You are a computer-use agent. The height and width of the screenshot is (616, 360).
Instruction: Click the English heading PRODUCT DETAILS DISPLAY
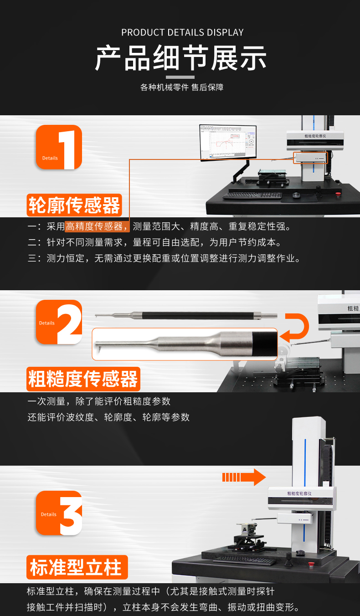point(182,32)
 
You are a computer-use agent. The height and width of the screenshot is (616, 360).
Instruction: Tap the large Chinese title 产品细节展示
point(180,58)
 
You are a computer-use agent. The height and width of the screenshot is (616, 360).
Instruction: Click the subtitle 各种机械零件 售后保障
point(182,87)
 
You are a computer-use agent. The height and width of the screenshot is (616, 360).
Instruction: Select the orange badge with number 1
point(59,147)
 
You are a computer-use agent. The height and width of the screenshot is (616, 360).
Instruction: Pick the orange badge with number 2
point(59,322)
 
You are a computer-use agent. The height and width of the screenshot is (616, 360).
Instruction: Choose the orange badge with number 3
point(59,513)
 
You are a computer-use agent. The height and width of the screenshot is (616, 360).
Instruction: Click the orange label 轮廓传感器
point(74,205)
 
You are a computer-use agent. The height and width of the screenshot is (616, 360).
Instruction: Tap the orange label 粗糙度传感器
point(83,379)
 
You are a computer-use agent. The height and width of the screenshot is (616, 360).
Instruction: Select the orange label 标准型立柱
point(77,567)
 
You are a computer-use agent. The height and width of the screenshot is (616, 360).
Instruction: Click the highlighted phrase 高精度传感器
point(94,226)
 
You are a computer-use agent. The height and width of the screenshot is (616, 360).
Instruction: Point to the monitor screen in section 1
point(228,142)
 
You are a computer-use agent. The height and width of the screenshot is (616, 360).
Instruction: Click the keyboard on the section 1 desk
point(252,195)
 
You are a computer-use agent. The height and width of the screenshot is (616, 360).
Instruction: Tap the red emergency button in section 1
point(338,194)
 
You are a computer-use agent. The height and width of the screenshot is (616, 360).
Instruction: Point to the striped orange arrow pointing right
point(244,477)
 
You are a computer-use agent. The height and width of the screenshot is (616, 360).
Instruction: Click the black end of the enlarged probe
point(264,344)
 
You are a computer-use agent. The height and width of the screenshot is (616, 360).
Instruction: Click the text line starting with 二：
point(154,242)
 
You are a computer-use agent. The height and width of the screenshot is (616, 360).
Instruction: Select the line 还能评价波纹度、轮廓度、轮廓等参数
point(108,417)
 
